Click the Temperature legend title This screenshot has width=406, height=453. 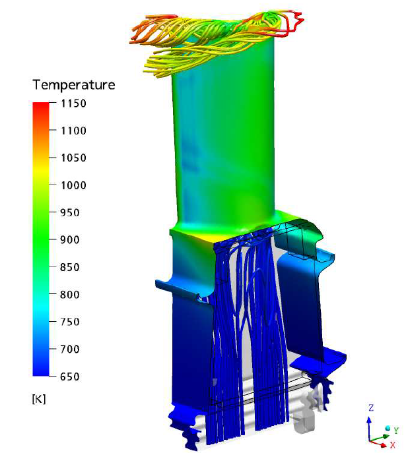tap(74, 85)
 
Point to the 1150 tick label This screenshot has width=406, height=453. tap(73, 104)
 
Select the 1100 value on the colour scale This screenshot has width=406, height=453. tap(73, 131)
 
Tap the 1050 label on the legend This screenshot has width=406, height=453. tap(73, 158)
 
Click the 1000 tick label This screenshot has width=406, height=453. tap(73, 185)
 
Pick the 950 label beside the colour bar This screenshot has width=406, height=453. tap(70, 212)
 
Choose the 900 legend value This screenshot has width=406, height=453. tap(70, 240)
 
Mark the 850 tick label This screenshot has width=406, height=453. tap(70, 267)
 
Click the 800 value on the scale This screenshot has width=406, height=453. tap(70, 295)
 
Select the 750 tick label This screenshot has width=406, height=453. tap(70, 322)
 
